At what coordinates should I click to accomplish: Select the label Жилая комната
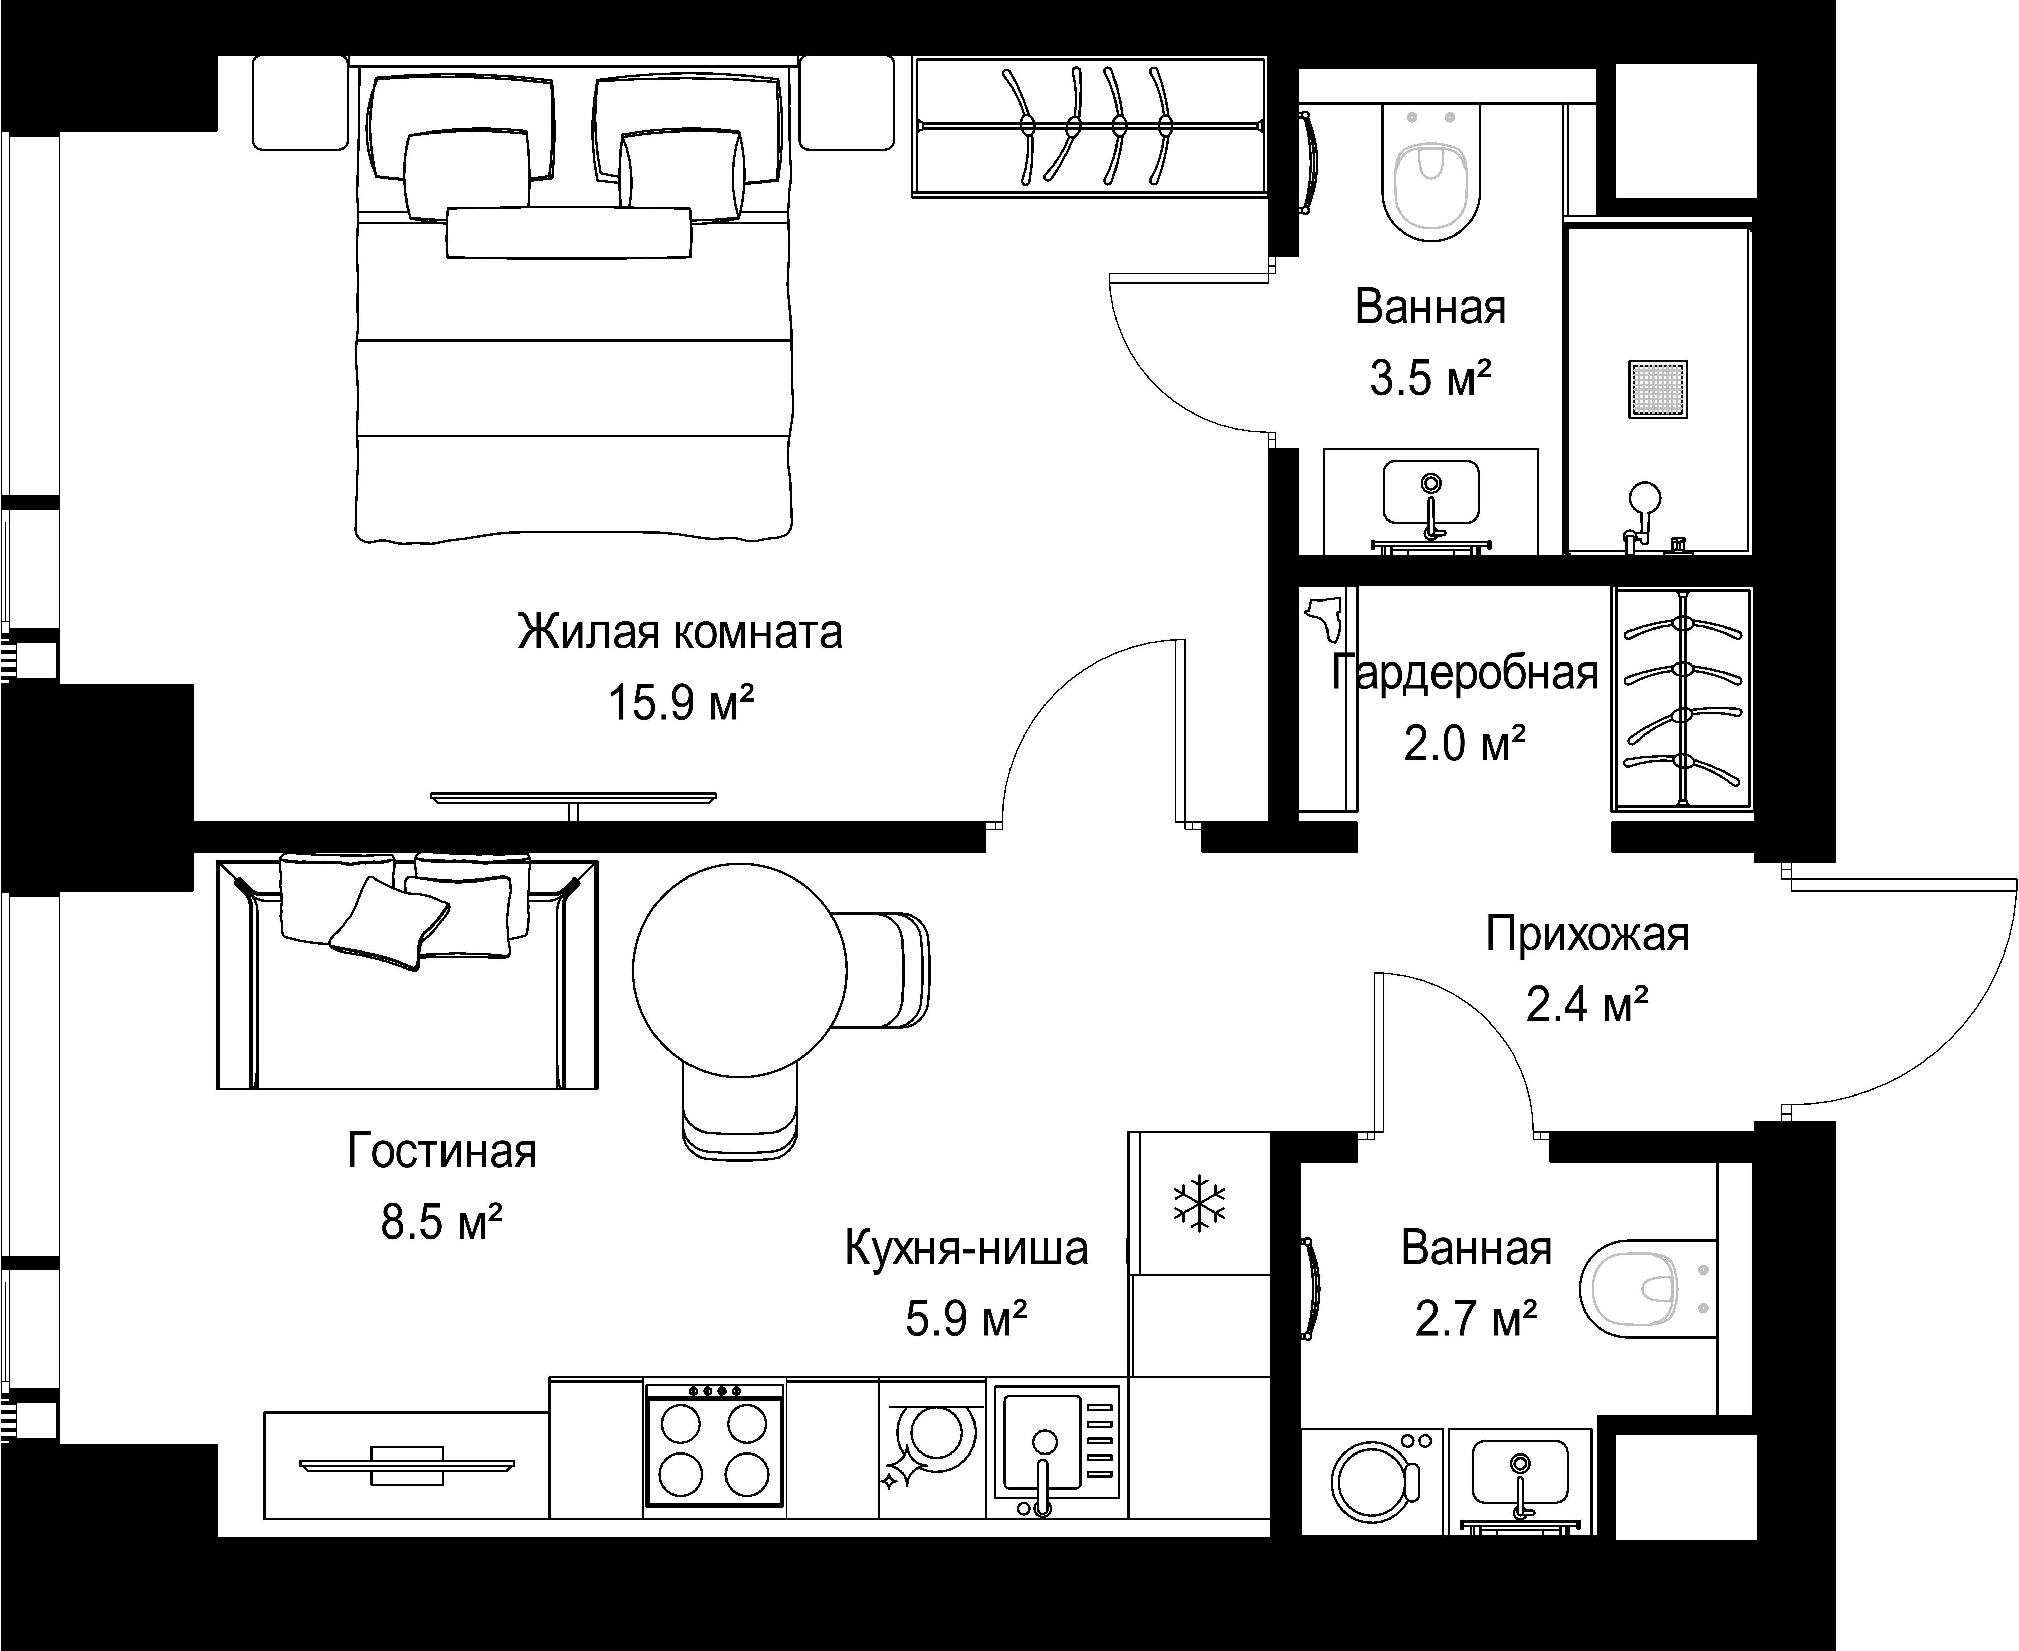[x=680, y=632]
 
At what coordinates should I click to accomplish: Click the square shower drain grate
[x=1658, y=389]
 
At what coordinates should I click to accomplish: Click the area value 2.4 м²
[x=1587, y=1005]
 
